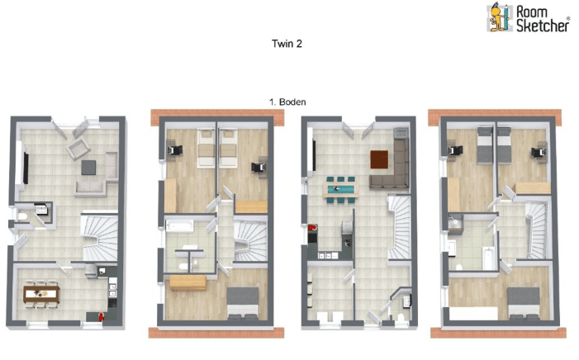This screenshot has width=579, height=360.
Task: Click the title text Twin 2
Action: pyautogui.click(x=287, y=44)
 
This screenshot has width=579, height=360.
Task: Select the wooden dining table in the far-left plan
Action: pyautogui.click(x=40, y=291)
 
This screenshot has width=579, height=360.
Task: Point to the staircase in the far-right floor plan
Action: pyautogui.click(x=537, y=227)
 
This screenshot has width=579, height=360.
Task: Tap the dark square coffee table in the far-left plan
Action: pyautogui.click(x=89, y=168)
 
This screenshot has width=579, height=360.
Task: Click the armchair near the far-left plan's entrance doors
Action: pyautogui.click(x=78, y=149)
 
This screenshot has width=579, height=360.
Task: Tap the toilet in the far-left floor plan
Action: pyautogui.click(x=25, y=219)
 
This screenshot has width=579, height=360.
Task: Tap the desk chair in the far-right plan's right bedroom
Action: pyautogui.click(x=540, y=149)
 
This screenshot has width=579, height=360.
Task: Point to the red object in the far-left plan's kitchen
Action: pyautogui.click(x=101, y=314)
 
